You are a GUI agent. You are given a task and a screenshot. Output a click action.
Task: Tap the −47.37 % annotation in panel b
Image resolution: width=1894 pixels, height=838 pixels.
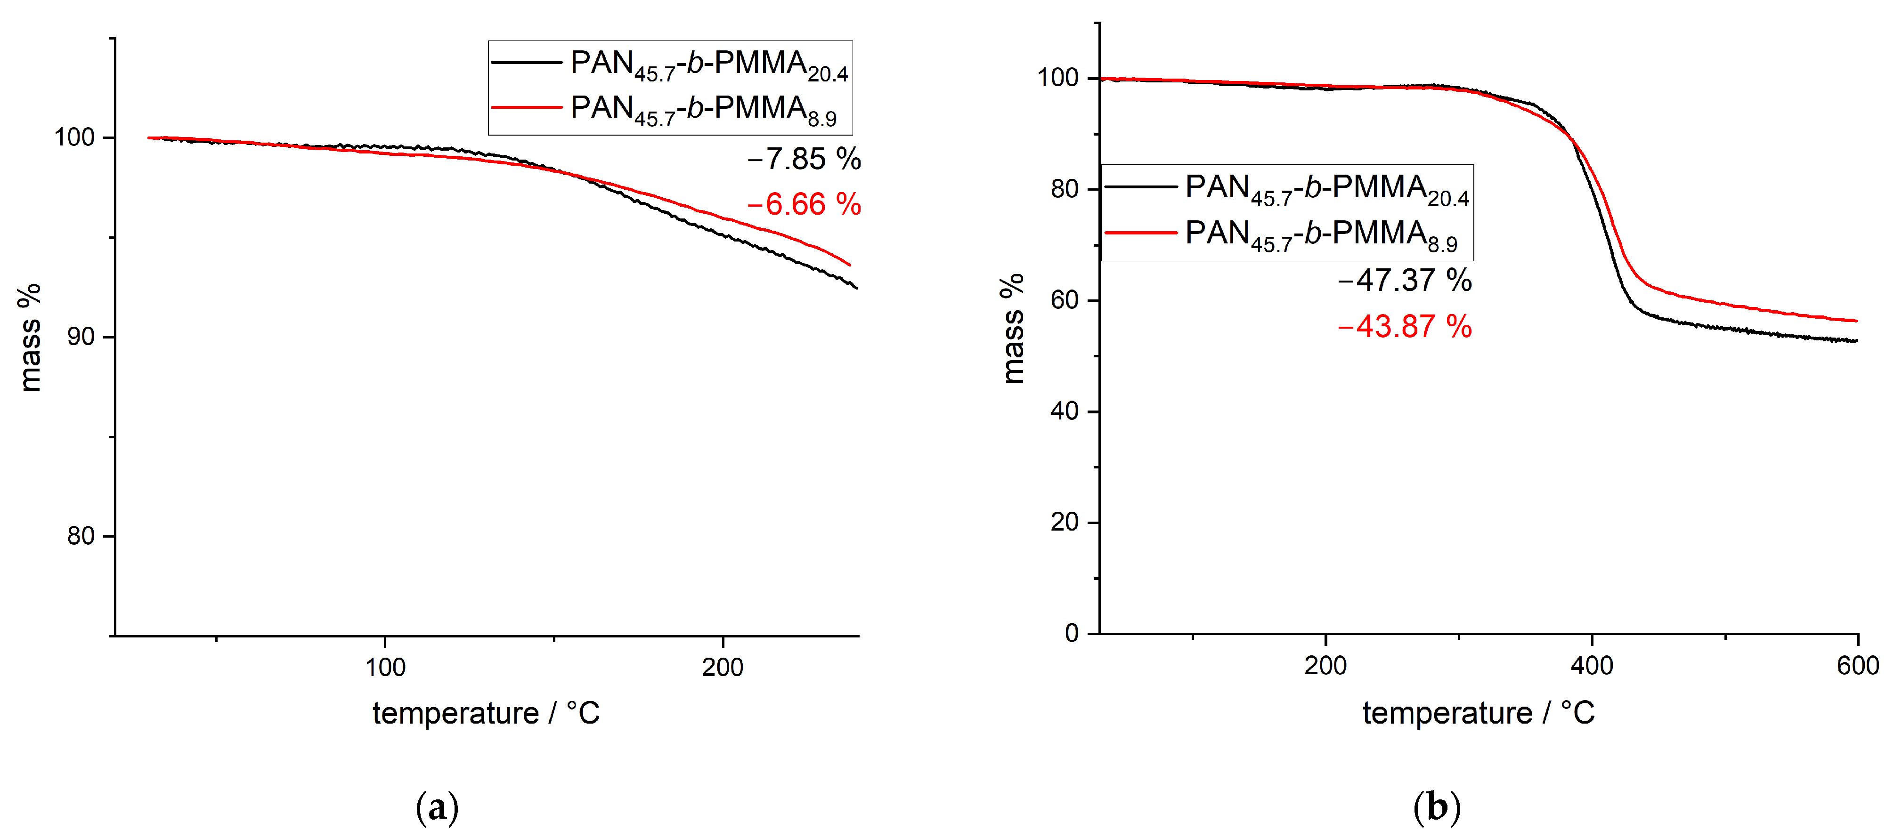pos(1404,281)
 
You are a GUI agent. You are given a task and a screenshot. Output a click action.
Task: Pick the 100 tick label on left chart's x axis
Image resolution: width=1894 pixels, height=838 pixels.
pos(385,668)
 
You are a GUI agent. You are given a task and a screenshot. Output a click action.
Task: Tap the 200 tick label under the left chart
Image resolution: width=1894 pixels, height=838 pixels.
pos(722,668)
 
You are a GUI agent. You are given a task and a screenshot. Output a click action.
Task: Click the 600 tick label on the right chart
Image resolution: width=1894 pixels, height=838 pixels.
pos(1857,666)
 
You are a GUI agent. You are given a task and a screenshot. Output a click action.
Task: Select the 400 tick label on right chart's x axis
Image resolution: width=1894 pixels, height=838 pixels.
pos(1592,666)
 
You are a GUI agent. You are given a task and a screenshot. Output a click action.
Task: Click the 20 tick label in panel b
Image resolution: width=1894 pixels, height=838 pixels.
pos(1064,523)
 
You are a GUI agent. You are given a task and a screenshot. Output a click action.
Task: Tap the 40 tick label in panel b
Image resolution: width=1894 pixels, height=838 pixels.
pos(1064,411)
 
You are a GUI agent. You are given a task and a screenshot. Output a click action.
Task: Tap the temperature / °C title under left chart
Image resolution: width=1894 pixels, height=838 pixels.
pos(486,714)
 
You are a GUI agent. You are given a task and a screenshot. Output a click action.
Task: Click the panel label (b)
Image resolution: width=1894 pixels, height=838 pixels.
pos(1437,808)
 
